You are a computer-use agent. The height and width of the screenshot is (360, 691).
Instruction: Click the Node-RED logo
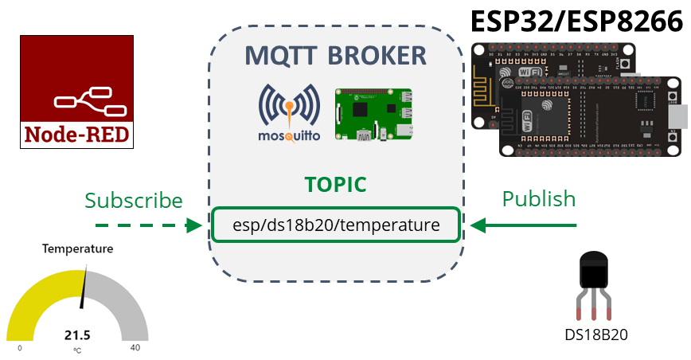(x=76, y=92)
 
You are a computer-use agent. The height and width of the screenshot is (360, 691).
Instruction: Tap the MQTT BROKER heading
(x=335, y=56)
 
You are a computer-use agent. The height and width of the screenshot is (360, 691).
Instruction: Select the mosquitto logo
(x=289, y=112)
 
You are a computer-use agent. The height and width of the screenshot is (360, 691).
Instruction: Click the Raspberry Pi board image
(x=374, y=115)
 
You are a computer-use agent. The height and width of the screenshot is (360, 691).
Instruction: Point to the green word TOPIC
(x=335, y=185)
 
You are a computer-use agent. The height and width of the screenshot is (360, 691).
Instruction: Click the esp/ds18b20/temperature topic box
(x=335, y=225)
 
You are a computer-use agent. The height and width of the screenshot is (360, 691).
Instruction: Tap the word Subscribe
(x=134, y=200)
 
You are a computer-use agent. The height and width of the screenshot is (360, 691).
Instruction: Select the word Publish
(x=539, y=198)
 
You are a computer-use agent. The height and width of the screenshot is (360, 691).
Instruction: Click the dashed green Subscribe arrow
(x=147, y=225)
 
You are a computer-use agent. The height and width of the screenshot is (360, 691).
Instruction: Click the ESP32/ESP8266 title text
(x=577, y=22)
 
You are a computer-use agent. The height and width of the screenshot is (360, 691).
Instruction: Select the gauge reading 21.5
(x=77, y=335)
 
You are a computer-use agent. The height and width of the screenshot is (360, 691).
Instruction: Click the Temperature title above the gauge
(x=77, y=248)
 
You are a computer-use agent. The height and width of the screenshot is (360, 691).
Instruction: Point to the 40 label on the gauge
(x=135, y=348)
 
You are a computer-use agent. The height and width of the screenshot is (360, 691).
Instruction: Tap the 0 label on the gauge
(x=20, y=348)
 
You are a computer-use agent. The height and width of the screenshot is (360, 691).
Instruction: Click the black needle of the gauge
(x=83, y=291)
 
